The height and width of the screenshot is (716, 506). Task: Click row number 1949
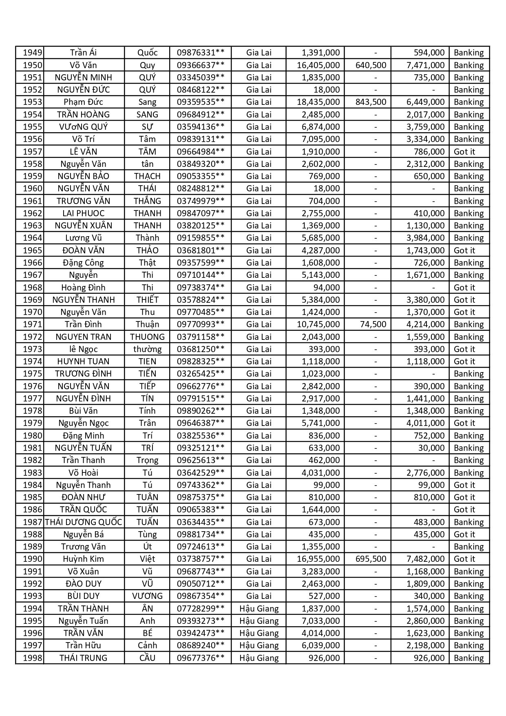(32, 53)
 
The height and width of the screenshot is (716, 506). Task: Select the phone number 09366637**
(200, 65)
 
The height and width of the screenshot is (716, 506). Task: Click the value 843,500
(370, 102)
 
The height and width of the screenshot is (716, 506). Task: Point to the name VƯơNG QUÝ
(83, 127)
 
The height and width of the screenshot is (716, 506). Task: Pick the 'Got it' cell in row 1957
(464, 152)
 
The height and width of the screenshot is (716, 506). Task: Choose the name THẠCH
(147, 176)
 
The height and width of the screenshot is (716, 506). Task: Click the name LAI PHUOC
(83, 213)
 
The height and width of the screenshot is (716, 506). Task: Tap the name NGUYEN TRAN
(83, 337)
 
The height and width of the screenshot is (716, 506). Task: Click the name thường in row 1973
(147, 349)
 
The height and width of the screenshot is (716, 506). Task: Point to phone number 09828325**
(200, 361)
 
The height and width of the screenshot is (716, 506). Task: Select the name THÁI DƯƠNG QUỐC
(83, 522)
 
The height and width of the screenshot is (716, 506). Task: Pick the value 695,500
(370, 559)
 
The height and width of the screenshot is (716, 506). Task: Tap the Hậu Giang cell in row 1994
(259, 609)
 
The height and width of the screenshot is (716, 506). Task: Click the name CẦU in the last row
(147, 658)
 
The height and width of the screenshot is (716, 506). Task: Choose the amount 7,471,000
(425, 65)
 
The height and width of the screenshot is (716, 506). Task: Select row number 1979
(32, 423)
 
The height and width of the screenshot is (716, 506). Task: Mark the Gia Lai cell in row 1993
(259, 596)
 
